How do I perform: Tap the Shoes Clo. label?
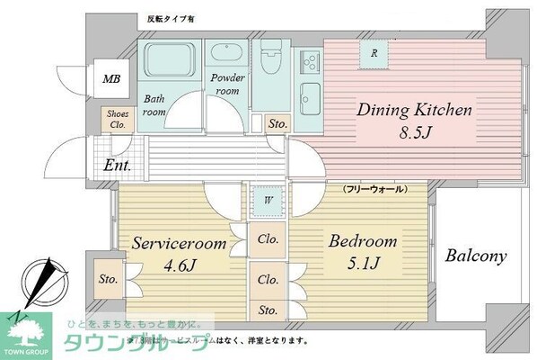coord(117,121)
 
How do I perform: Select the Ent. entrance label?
coord(117,166)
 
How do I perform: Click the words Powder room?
coord(227,84)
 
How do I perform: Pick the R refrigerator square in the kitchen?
coord(373,53)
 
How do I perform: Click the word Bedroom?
coord(362,242)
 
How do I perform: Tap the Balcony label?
coord(476,256)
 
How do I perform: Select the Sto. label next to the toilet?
coord(277,123)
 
